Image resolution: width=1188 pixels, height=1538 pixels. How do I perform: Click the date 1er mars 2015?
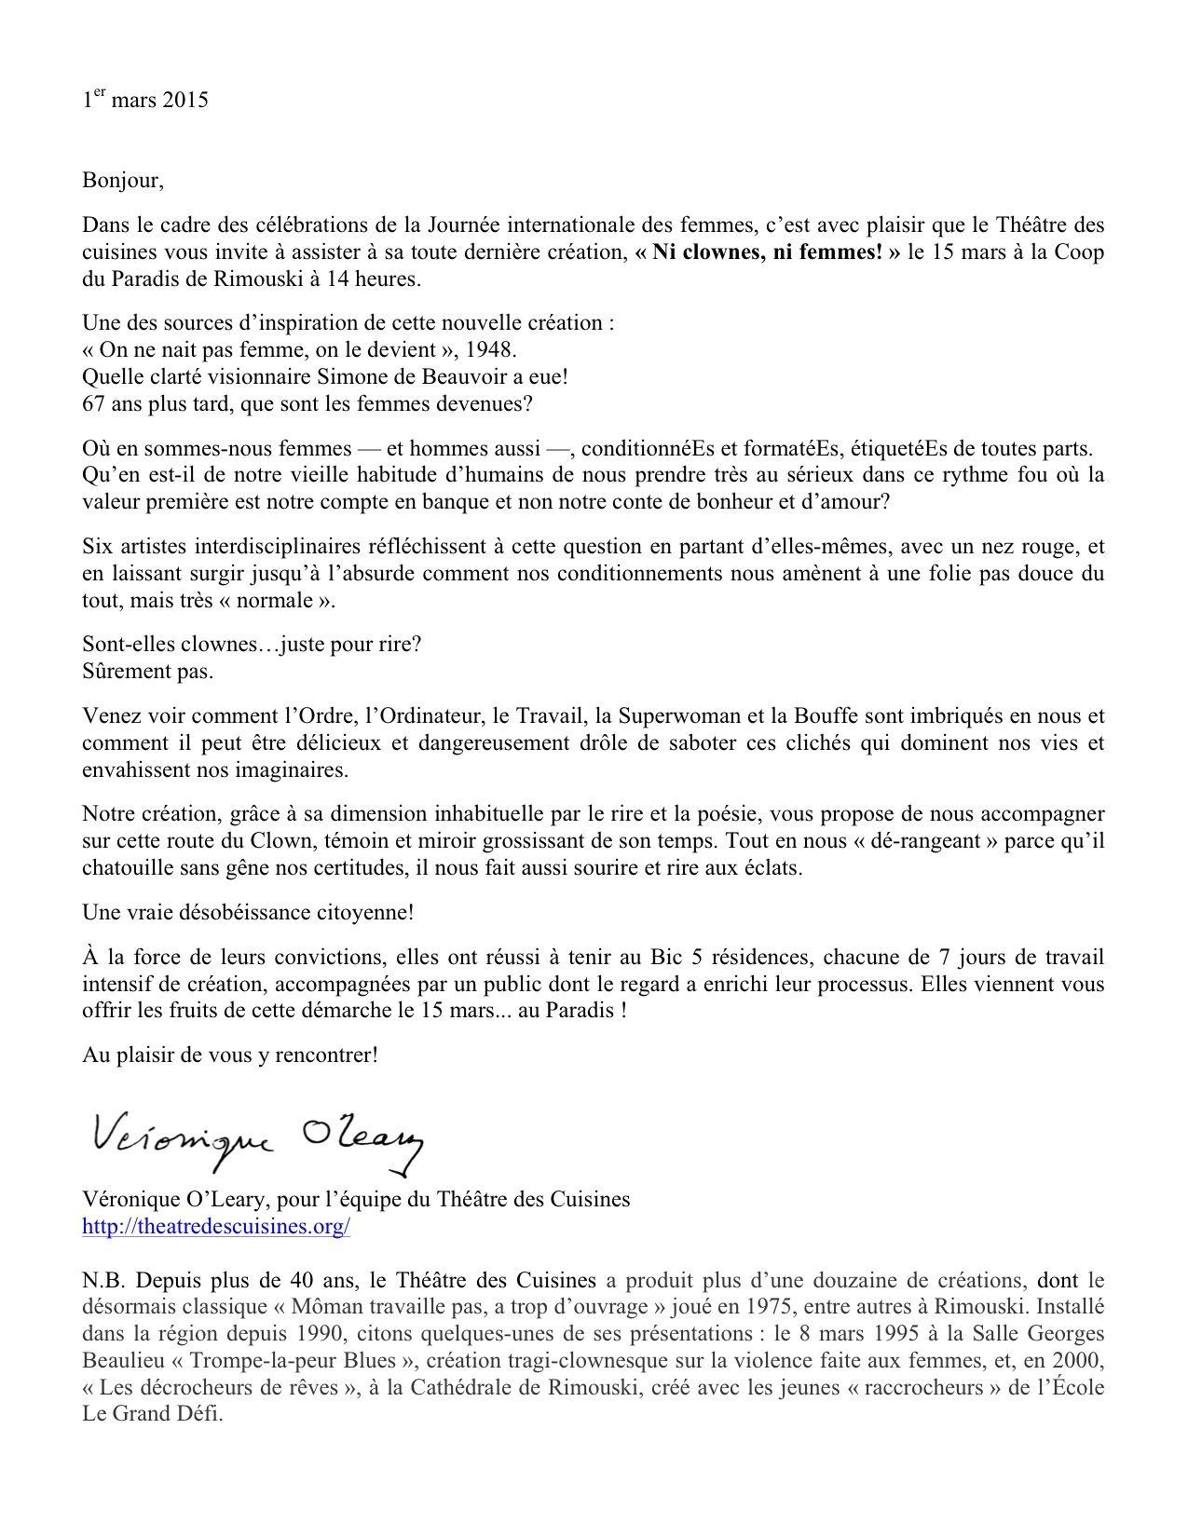[x=145, y=100]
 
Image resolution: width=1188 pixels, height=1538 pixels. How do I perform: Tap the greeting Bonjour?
[x=122, y=180]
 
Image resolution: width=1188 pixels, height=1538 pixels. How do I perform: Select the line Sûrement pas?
[x=147, y=671]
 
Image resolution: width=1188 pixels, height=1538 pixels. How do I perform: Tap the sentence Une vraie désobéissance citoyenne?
[x=248, y=912]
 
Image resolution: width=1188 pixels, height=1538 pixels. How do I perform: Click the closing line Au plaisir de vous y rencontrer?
[x=230, y=1055]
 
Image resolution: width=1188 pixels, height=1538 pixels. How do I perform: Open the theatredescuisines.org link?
[x=216, y=1226]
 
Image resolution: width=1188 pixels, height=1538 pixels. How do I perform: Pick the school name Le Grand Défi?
[x=152, y=1414]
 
